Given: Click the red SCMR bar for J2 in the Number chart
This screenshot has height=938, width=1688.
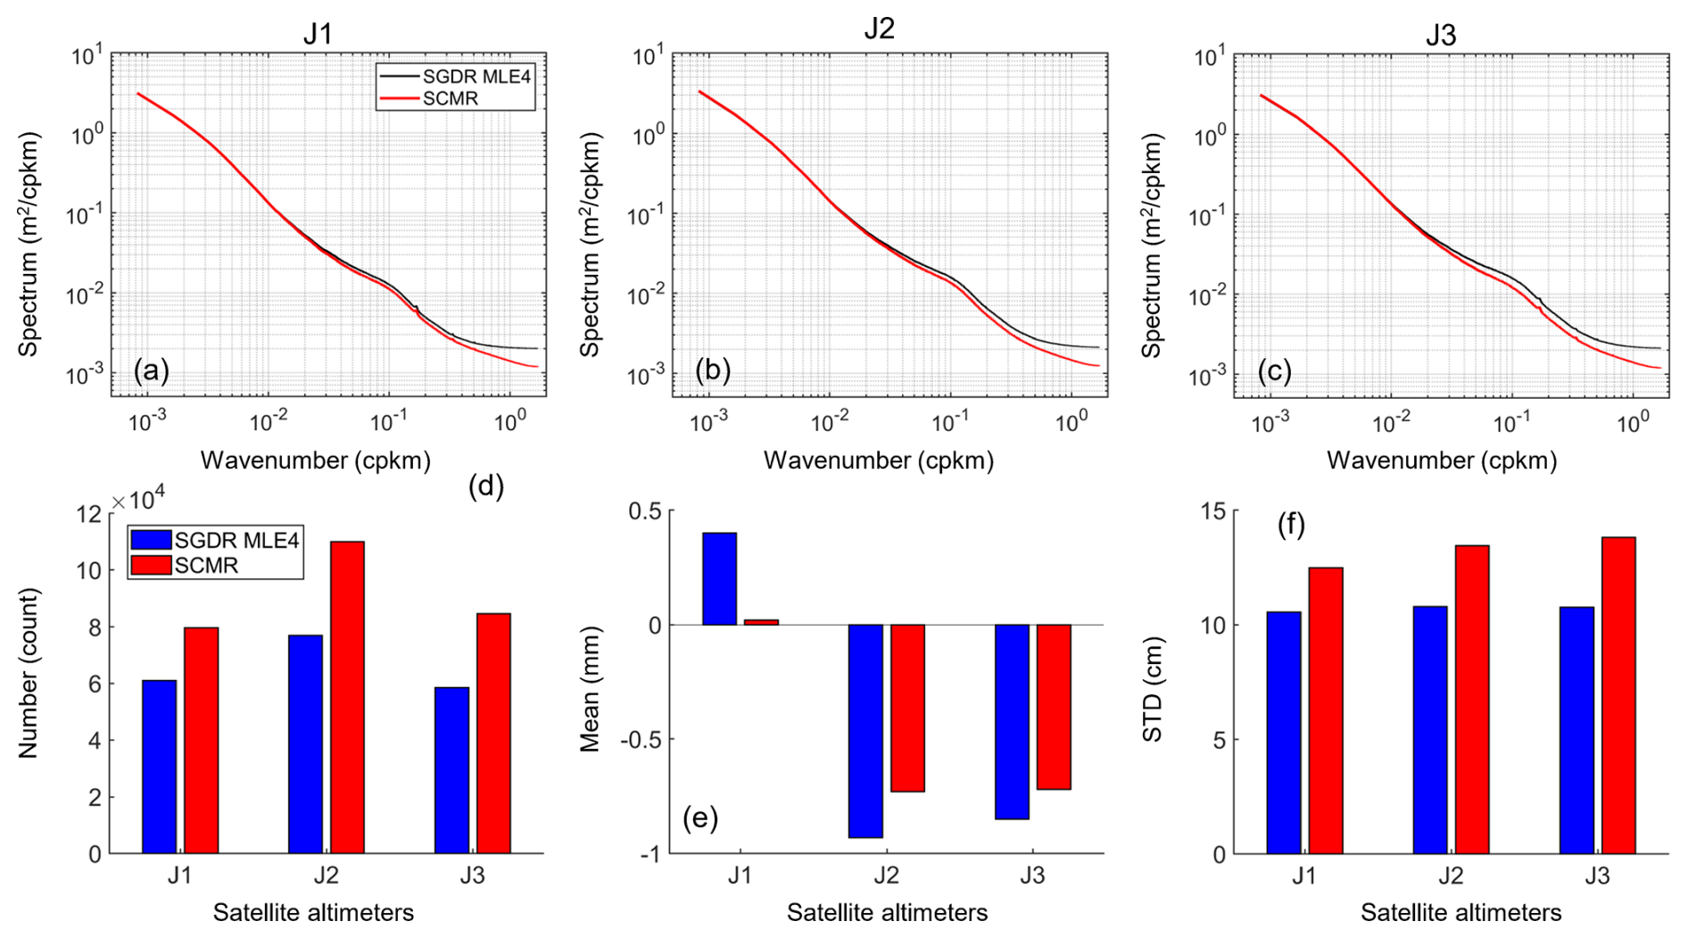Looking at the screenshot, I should click(x=347, y=697).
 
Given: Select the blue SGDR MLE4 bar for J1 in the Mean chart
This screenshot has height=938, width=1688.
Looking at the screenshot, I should click(x=719, y=578).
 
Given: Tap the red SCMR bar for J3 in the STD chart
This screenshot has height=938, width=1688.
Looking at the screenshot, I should click(x=1618, y=695).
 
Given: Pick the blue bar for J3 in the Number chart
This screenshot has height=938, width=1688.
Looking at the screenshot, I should click(x=451, y=770).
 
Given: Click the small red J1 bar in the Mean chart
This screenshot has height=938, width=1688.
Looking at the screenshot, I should click(x=761, y=622).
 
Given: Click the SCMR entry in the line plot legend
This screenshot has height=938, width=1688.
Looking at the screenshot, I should click(x=450, y=98).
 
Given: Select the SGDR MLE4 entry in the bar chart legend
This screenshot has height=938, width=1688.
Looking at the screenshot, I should click(x=236, y=540).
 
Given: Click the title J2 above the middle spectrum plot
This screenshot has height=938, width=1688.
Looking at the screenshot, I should click(x=879, y=29).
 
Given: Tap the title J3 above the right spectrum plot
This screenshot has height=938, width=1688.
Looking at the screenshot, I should click(x=1440, y=35).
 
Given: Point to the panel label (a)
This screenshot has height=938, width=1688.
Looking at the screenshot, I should click(x=151, y=370).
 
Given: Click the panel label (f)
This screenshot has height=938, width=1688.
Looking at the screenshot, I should click(x=1291, y=525).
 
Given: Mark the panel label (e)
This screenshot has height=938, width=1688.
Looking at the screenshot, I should click(x=699, y=818).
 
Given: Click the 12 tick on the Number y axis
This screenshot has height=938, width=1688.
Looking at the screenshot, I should click(x=89, y=514).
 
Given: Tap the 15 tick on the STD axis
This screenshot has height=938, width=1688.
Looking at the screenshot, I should click(x=1214, y=511).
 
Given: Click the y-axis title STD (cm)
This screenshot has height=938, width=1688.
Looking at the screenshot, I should click(x=1153, y=689).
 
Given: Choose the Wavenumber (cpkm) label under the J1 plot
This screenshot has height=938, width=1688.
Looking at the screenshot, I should click(x=315, y=461).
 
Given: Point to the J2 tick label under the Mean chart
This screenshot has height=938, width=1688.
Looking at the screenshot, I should click(x=886, y=876).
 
